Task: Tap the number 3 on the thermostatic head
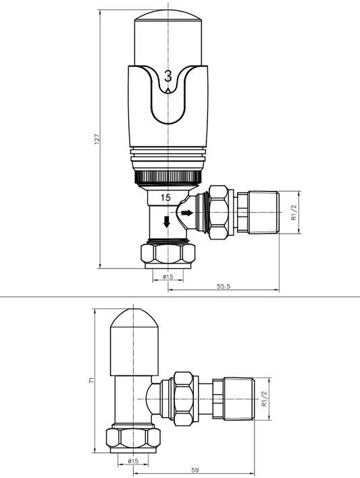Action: (x=168, y=76)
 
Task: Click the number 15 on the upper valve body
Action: (x=165, y=197)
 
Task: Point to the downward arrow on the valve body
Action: (x=167, y=221)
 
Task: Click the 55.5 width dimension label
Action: (x=224, y=286)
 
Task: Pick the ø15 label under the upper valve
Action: (x=168, y=277)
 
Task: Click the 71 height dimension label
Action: (x=91, y=381)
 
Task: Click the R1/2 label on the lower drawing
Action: (x=263, y=404)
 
